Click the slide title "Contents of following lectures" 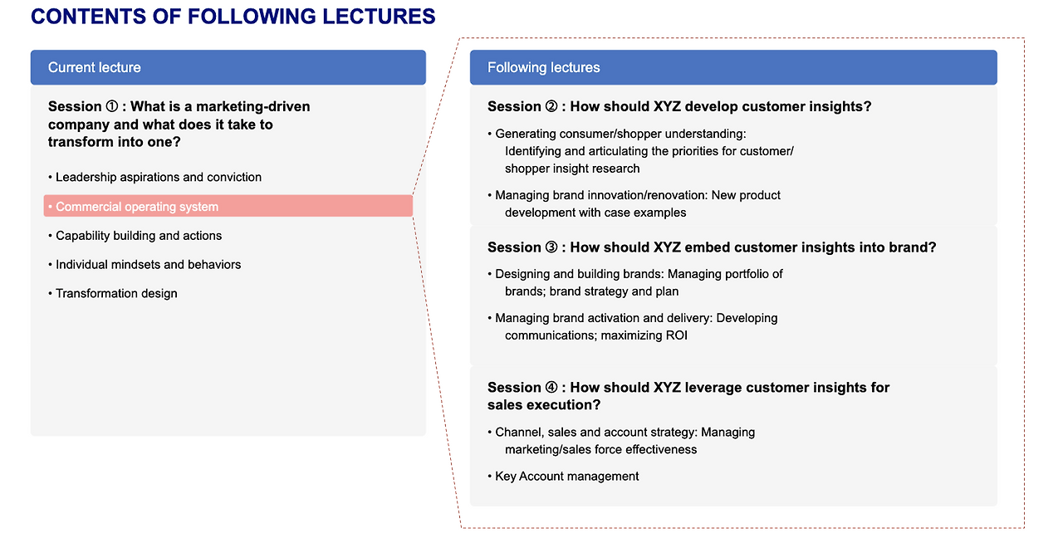coord(233,17)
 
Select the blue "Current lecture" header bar coord(228,67)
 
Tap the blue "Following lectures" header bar coord(732,67)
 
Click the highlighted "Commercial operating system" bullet coord(228,206)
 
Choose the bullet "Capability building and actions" coord(138,236)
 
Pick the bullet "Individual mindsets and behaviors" coord(148,265)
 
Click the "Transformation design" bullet coord(115,293)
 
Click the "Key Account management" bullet coord(566,477)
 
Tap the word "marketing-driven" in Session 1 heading coord(252,107)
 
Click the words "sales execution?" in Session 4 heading coord(544,405)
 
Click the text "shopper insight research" coord(572,169)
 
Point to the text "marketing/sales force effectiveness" coord(600,450)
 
